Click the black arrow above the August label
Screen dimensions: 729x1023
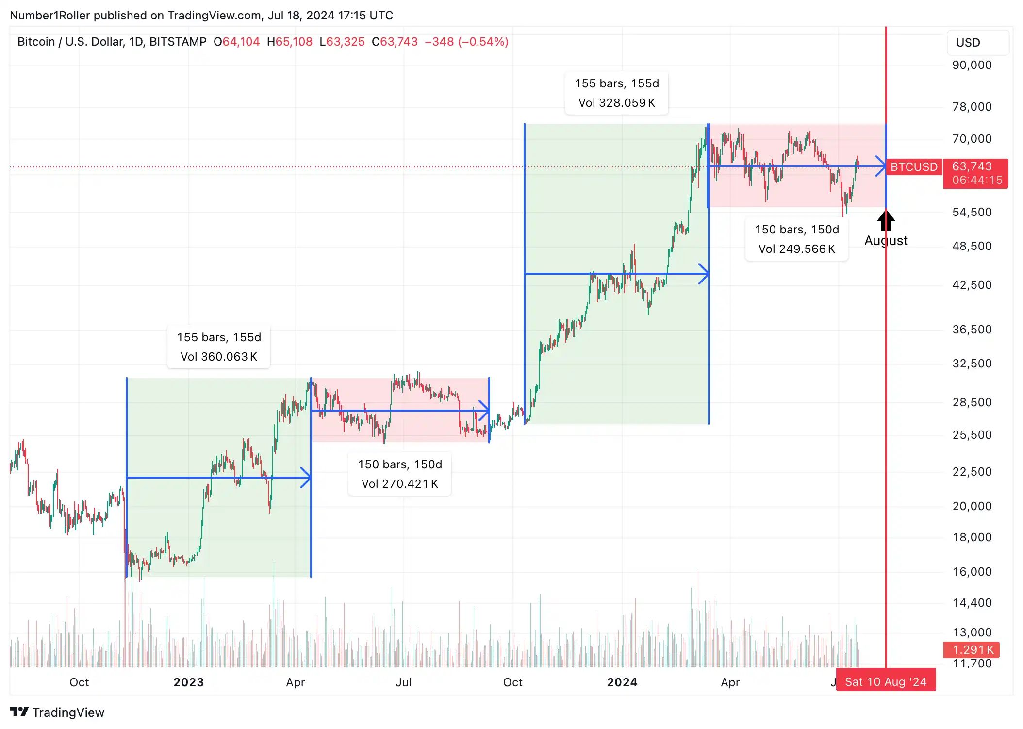(x=886, y=221)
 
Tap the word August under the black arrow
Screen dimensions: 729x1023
(x=886, y=241)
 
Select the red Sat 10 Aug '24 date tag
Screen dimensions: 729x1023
(x=886, y=682)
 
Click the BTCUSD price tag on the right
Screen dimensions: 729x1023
(x=914, y=167)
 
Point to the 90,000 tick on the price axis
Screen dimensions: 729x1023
(x=972, y=65)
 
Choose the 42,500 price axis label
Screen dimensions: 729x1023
(x=972, y=285)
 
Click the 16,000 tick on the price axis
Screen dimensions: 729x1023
(x=972, y=572)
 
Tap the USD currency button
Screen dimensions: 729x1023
(x=977, y=43)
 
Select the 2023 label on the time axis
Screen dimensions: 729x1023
(x=188, y=682)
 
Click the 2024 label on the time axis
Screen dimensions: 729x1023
(x=622, y=682)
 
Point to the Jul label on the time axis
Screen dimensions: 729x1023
(x=403, y=682)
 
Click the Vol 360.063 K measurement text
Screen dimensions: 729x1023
(x=219, y=357)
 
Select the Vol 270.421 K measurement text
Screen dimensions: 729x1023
(x=400, y=484)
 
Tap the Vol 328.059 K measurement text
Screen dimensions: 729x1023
(x=617, y=103)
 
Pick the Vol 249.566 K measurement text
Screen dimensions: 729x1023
(x=797, y=249)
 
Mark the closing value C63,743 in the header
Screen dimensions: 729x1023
(x=395, y=42)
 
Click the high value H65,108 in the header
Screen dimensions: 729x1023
(x=290, y=42)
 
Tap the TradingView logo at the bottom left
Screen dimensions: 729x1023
(x=57, y=712)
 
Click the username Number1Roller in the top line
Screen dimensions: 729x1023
(x=50, y=16)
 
